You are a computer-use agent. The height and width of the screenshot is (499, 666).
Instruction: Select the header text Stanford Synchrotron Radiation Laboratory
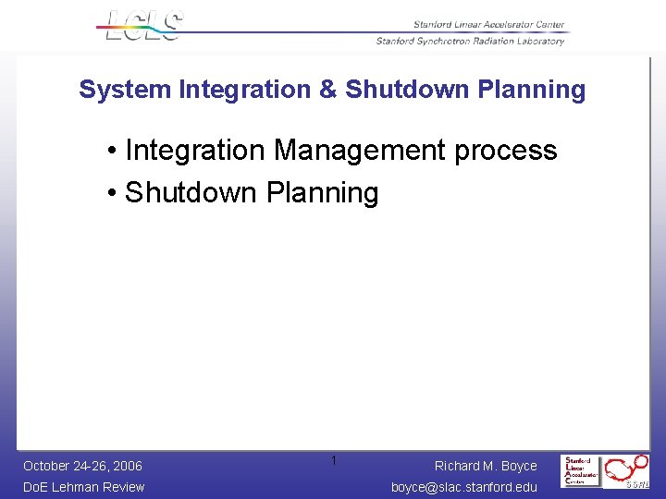point(470,41)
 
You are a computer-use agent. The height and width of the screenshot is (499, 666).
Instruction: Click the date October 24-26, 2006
point(82,466)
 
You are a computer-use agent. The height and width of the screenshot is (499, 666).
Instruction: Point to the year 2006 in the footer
point(128,466)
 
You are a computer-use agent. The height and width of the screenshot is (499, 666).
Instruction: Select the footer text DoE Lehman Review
point(83,487)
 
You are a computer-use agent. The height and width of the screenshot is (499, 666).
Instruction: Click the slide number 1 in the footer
point(334,461)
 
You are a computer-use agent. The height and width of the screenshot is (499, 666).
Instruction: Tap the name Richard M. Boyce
point(486,466)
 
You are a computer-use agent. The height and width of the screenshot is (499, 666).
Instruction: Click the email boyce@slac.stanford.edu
point(463,487)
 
